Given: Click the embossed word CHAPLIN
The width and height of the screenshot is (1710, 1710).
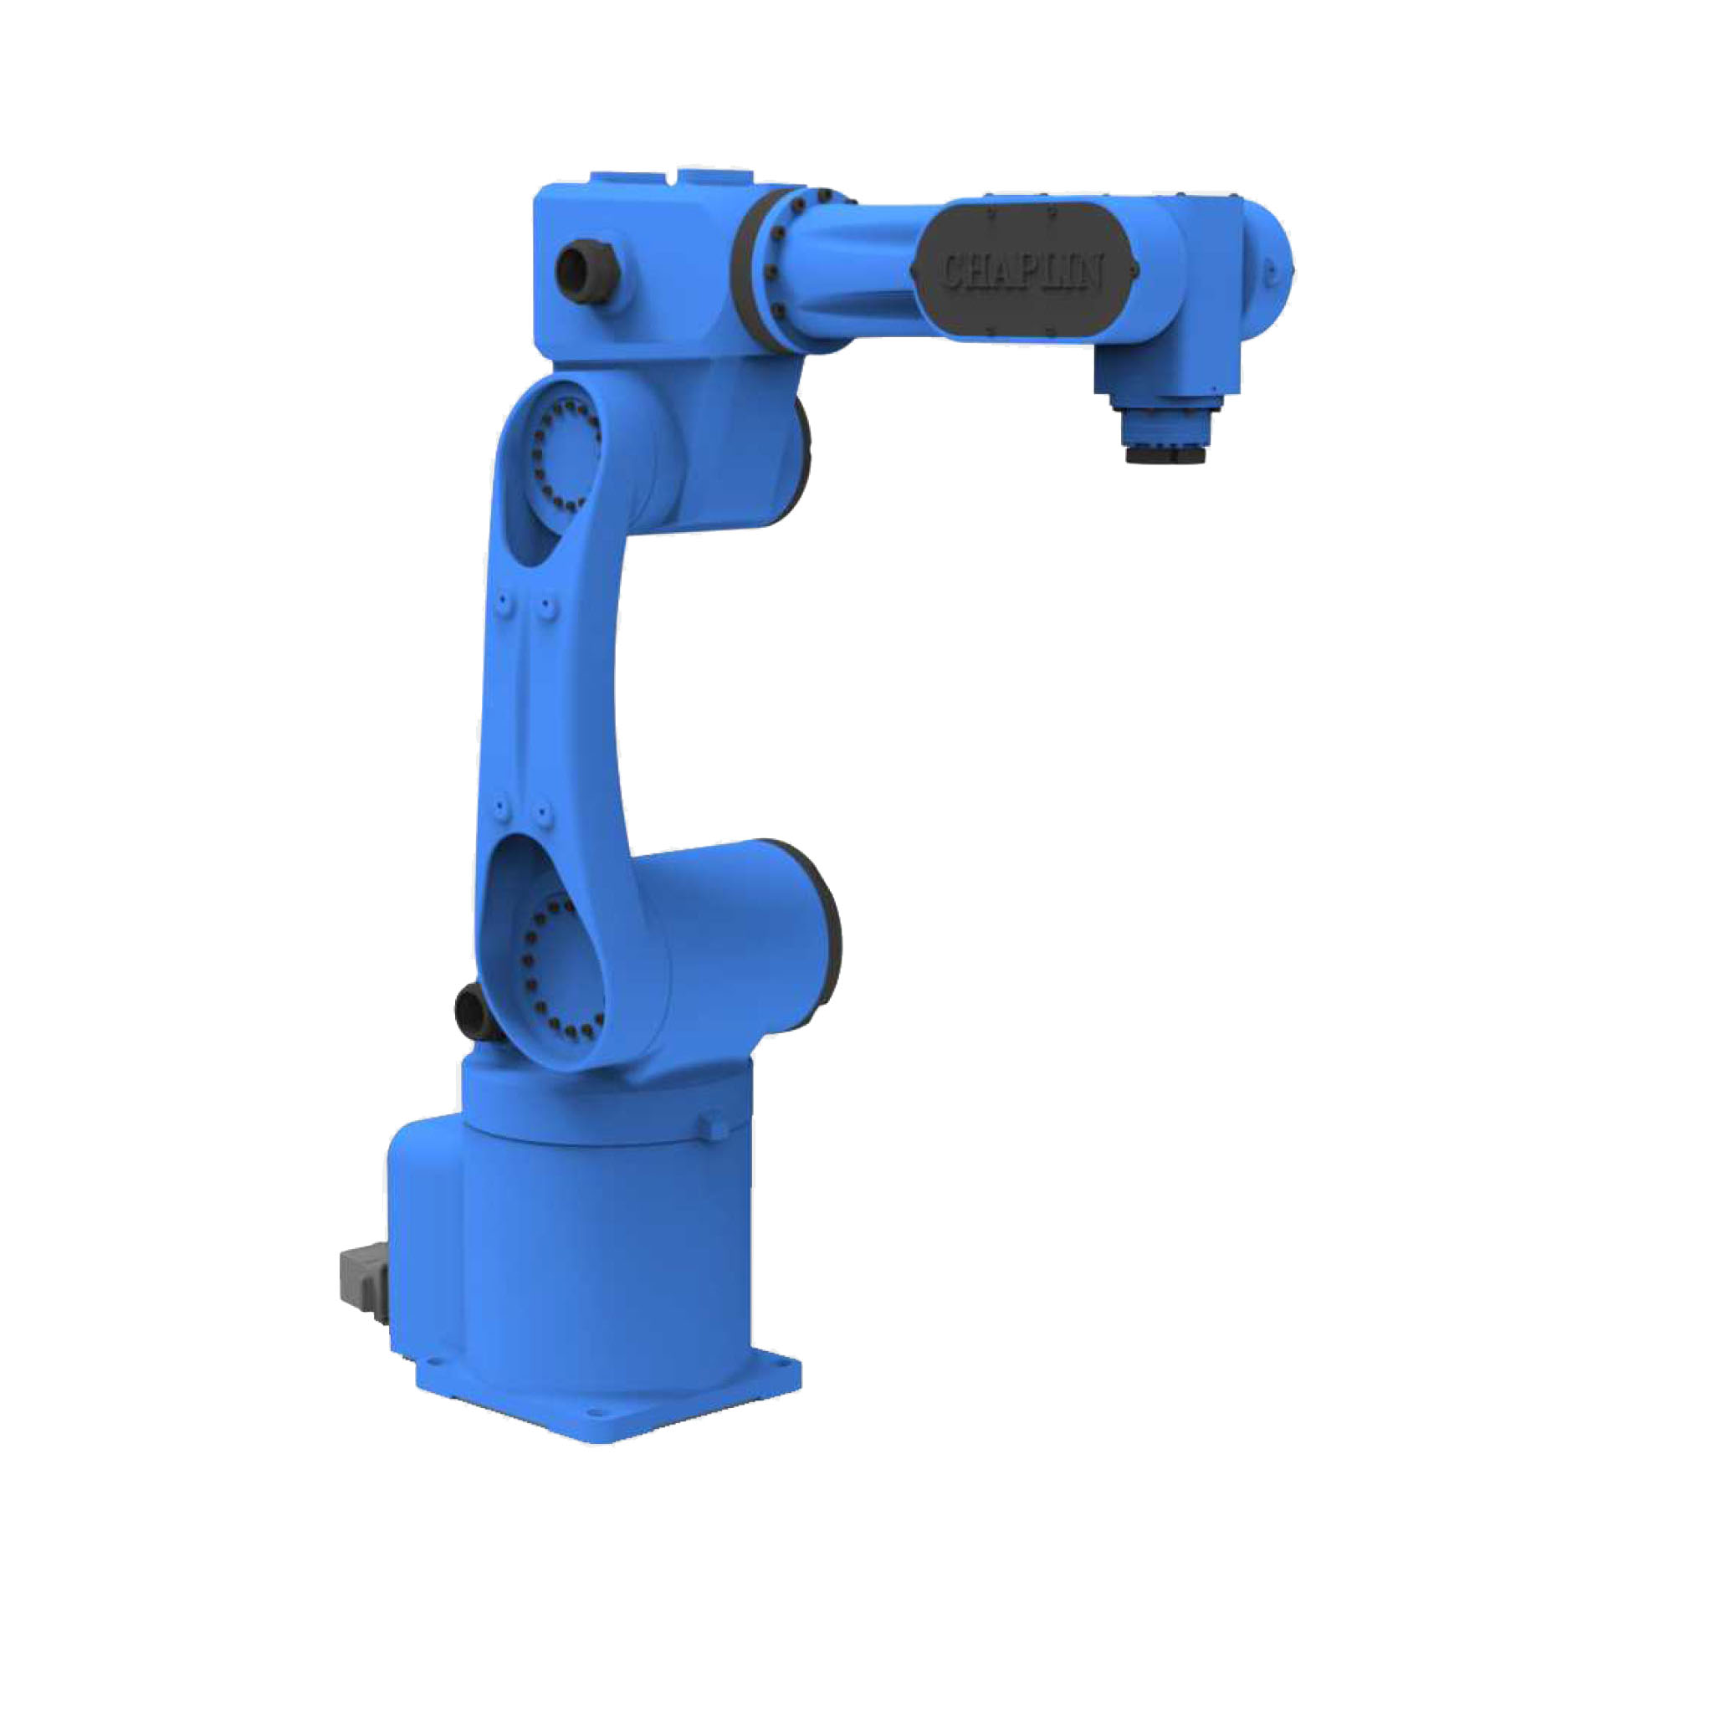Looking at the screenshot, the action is (x=1021, y=270).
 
